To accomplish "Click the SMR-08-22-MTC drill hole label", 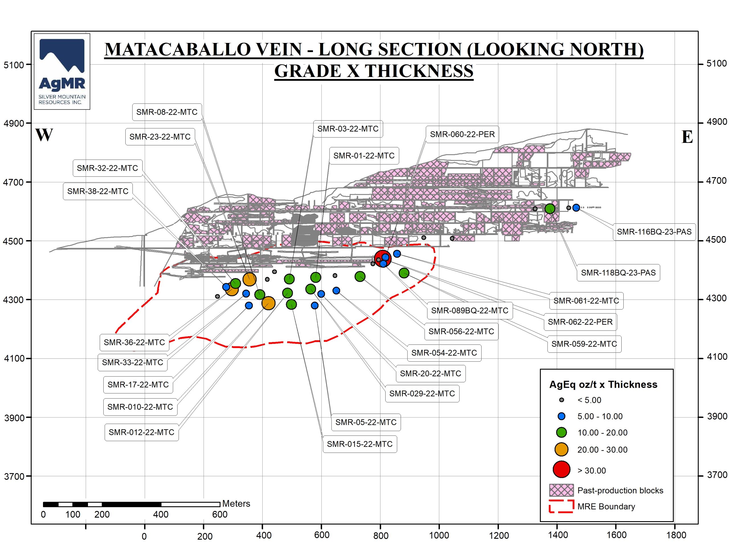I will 167,112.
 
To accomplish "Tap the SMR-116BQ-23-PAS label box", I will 654,232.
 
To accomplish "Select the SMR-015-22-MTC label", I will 359,444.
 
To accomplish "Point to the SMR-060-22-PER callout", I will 462,134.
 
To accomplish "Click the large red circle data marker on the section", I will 382,258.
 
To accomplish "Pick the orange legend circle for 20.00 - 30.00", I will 561,449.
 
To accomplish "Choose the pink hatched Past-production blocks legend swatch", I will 561,490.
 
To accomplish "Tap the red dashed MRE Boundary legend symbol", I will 561,506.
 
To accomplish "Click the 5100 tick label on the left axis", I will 14,65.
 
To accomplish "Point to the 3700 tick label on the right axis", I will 717,475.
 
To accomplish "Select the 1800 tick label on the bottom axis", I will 676,535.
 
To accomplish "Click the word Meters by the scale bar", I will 236,504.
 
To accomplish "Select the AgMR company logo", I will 62,71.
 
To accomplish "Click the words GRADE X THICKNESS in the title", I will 374,71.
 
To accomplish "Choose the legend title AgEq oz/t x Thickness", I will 603,385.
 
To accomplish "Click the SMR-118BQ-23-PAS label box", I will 618,273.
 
